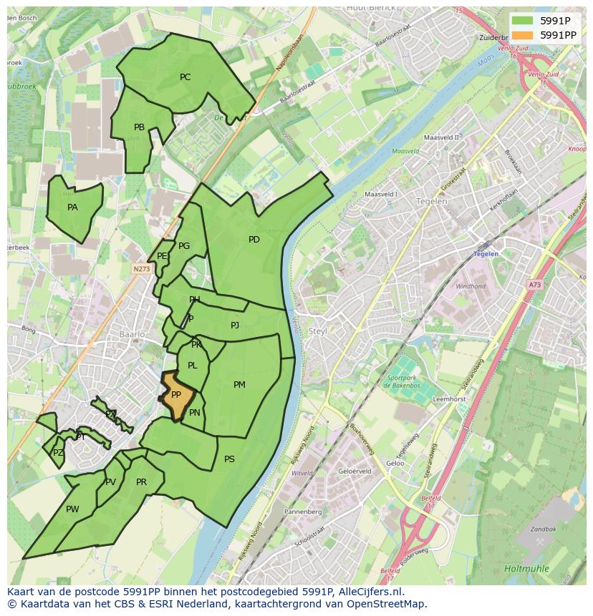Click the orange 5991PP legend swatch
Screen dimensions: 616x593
(523, 34)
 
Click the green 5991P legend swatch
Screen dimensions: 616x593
(523, 20)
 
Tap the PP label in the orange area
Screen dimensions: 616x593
(176, 395)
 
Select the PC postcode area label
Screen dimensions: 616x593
(185, 77)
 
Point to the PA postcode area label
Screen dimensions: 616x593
(72, 207)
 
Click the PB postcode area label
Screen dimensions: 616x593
(139, 127)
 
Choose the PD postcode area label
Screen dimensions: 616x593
(254, 240)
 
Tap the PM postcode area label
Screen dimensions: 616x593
(239, 385)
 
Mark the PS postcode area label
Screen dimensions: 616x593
(229, 459)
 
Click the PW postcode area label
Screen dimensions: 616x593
(72, 509)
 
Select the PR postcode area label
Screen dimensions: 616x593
(141, 482)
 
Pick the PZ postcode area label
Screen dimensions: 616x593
(58, 453)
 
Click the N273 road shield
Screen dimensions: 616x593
(140, 269)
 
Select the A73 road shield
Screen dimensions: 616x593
(535, 285)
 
